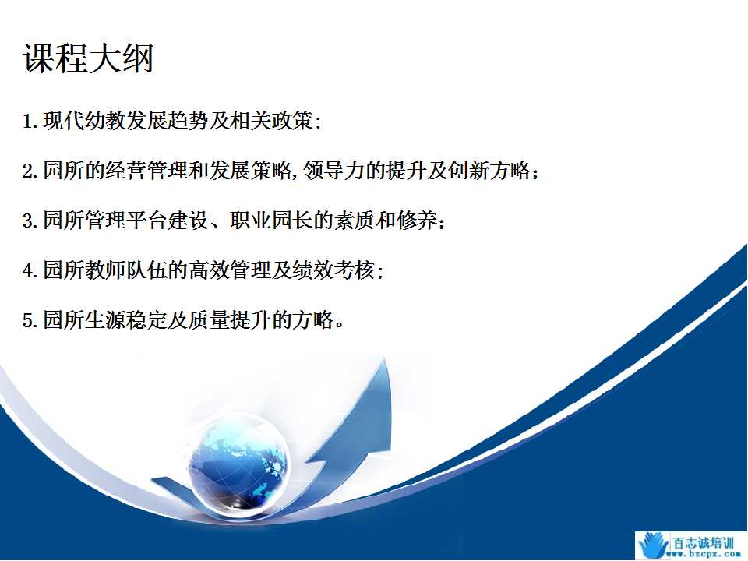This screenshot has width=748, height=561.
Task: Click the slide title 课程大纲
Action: [88, 58]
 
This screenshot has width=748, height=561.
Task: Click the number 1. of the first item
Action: [30, 122]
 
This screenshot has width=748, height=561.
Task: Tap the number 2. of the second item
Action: [30, 171]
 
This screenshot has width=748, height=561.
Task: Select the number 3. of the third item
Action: [30, 221]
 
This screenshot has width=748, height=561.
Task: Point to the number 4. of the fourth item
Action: [30, 270]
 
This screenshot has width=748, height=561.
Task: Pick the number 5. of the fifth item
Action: [30, 320]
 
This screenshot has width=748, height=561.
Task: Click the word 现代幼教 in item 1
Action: [84, 121]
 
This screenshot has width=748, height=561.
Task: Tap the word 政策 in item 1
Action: [292, 121]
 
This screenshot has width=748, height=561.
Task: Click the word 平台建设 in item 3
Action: [168, 220]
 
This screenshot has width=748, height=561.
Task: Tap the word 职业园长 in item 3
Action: [271, 220]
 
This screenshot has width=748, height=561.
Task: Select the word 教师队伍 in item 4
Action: [126, 270]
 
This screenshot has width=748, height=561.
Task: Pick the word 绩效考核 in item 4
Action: [333, 270]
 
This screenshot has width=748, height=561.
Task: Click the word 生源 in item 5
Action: [105, 319]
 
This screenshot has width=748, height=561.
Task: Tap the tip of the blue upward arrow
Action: [384, 358]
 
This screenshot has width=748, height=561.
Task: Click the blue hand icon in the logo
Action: [654, 545]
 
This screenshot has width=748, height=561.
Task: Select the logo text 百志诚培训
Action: [703, 542]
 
